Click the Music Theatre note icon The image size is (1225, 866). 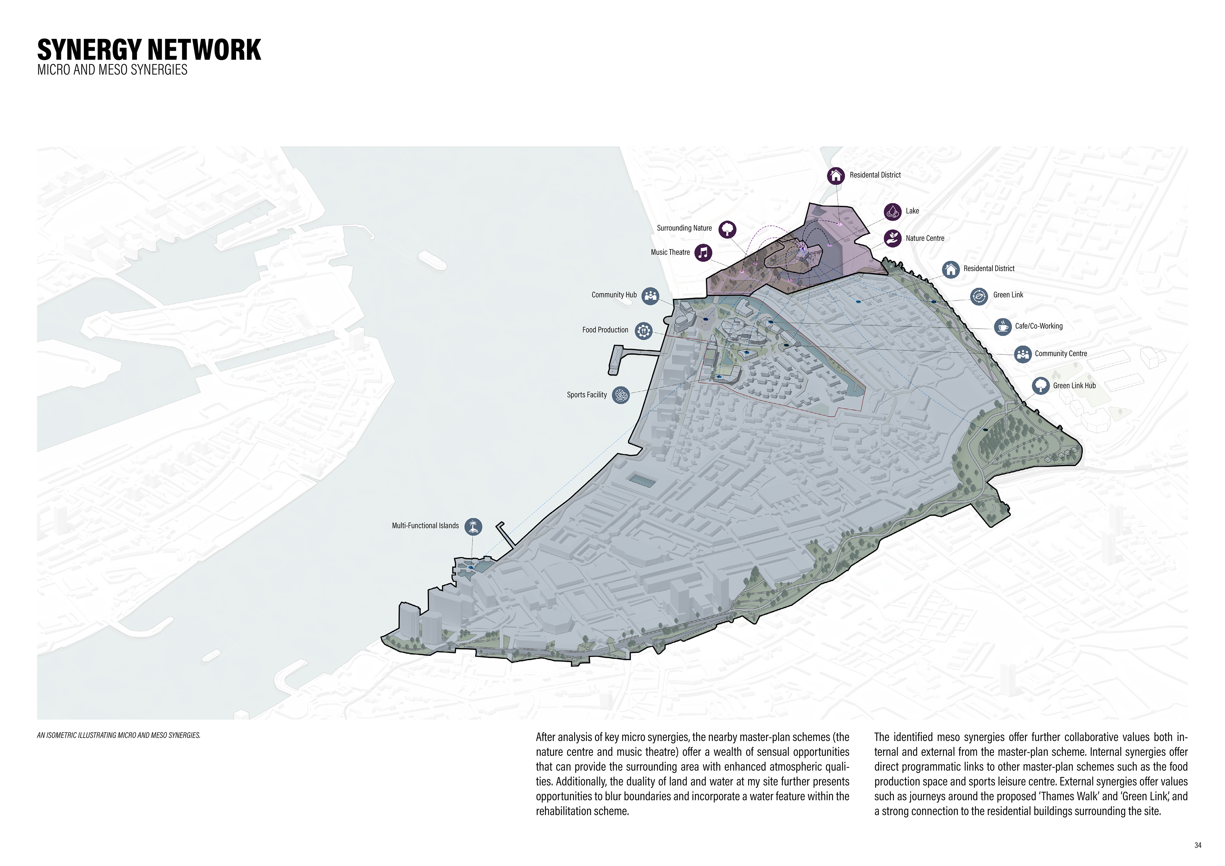703,253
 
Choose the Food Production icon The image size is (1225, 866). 643,331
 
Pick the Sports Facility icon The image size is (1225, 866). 620,395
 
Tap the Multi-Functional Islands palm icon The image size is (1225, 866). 473,527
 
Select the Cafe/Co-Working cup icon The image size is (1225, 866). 1003,327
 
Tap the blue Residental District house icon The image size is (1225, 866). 950,269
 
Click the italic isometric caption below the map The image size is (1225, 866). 118,735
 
